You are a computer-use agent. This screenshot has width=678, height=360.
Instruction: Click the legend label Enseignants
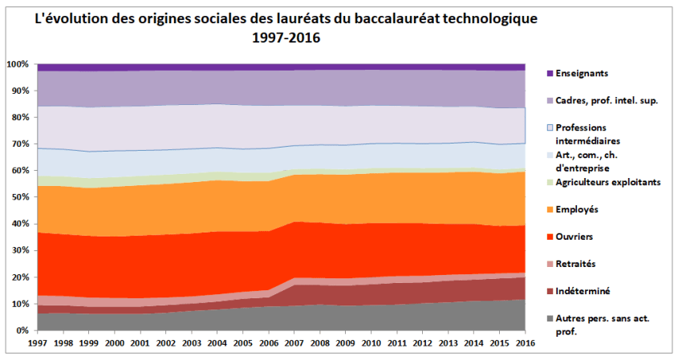(x=583, y=73)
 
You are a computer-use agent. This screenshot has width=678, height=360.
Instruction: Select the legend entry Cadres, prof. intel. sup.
(x=609, y=100)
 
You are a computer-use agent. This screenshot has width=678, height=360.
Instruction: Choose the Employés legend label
(x=578, y=209)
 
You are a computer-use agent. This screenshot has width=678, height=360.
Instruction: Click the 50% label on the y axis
(x=19, y=197)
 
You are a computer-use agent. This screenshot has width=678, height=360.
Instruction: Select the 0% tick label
(x=22, y=330)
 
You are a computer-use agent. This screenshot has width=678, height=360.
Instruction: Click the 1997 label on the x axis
(x=37, y=342)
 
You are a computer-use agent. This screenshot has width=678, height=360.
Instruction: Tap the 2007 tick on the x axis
(x=294, y=342)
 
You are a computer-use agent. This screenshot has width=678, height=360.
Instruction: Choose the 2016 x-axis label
(x=525, y=342)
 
